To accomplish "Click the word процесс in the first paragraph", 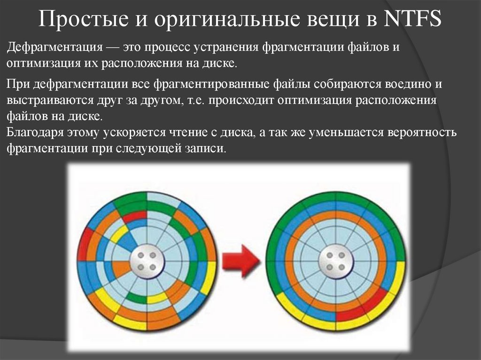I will (167, 48).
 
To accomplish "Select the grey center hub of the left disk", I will (147, 261).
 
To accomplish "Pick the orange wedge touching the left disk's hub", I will (121, 268).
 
